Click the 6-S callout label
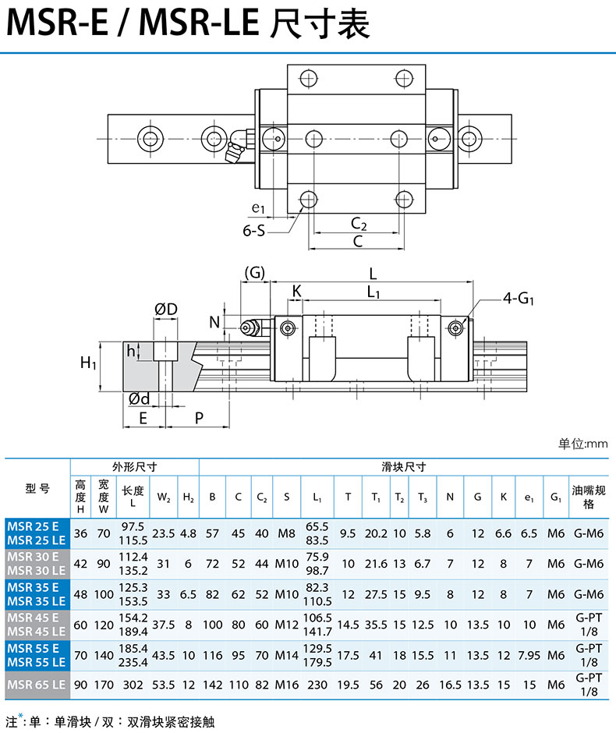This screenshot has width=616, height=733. point(254,230)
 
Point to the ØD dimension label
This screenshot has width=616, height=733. point(166,310)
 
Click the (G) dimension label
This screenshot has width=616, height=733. point(255,273)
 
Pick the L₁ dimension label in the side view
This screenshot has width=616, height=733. point(373,292)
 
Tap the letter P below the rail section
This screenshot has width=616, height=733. point(199,418)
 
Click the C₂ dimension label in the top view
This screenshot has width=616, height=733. point(358,224)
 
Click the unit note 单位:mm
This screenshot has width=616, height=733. point(582,444)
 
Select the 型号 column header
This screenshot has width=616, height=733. point(37,489)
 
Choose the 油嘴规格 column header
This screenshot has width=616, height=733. point(587,497)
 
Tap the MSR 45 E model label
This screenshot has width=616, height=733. point(34,618)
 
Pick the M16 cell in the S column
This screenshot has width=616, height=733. point(287,685)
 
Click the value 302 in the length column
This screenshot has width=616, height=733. point(133,685)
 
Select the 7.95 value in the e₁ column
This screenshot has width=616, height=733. point(529,656)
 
